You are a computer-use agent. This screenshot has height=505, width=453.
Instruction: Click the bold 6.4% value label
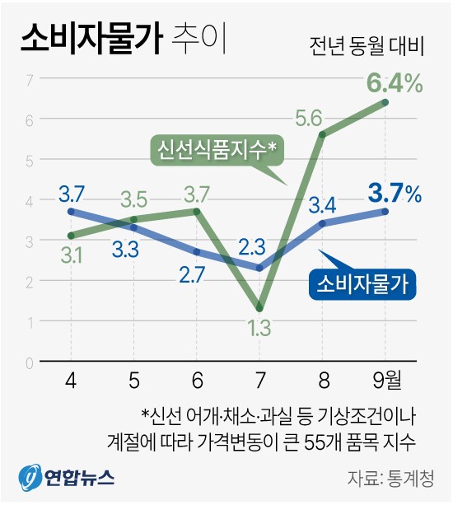395,83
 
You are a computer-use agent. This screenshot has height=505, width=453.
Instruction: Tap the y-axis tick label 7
30,79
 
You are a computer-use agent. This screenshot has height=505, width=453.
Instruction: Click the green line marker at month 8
322,135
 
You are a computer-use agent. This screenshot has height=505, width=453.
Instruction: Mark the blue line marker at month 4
71,212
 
